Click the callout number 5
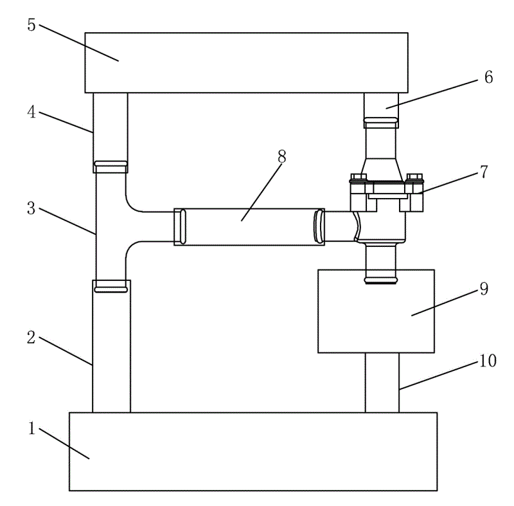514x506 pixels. click(31, 25)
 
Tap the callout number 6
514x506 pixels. click(488, 77)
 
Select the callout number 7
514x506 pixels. click(484, 172)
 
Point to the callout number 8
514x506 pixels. click(282, 156)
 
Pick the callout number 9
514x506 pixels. click(484, 289)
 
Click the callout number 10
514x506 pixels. click(488, 361)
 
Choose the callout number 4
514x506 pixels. click(31, 112)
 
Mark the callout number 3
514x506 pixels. click(31, 208)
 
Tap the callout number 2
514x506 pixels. click(31, 338)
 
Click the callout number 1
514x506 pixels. click(31, 428)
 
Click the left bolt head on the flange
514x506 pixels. click(359, 177)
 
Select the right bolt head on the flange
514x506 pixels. click(414, 177)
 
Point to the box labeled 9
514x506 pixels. click(377, 311)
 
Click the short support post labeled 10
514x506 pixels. click(382, 383)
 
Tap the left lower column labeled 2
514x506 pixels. click(111, 347)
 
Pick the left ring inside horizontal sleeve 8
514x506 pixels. click(183, 227)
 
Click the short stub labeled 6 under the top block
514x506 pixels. click(382, 110)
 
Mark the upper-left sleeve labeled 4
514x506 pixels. click(111, 132)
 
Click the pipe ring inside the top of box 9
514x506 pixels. click(381, 280)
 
